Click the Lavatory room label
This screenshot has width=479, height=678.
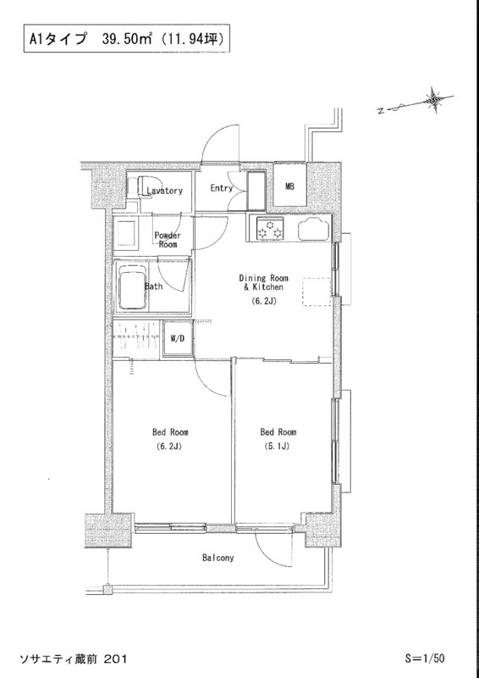coord(164,191)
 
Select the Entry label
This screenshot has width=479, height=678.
coord(221,188)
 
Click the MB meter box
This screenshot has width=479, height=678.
coord(289,186)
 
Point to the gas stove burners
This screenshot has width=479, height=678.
coord(270,229)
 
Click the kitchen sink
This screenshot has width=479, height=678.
coord(314,228)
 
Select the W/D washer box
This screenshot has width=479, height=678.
coord(177,338)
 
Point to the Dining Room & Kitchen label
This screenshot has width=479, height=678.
coord(263,282)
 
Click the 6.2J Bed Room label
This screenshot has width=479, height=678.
coord(170,439)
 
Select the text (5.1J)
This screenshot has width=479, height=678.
coord(278,447)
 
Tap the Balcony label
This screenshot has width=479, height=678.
coord(218,558)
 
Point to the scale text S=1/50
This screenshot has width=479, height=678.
coord(424,659)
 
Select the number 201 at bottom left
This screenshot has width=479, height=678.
coord(116,659)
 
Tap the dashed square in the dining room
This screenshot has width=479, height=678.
coord(317,292)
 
